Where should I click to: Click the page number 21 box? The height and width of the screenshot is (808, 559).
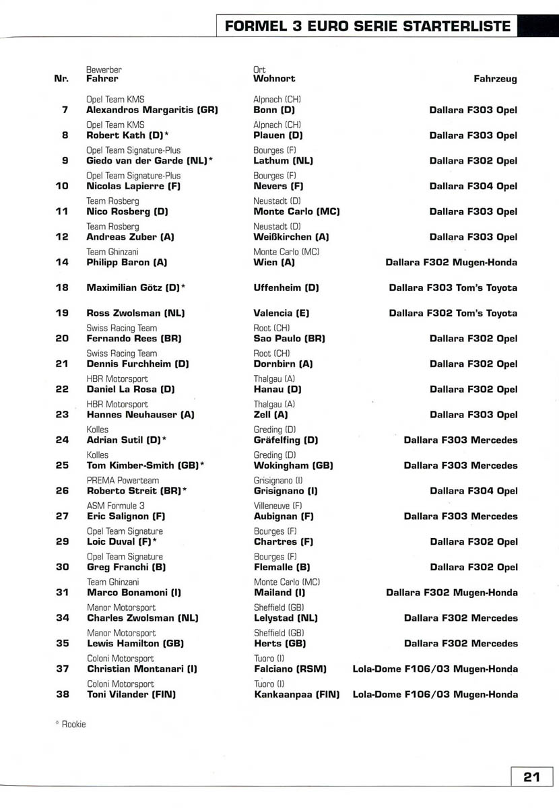(x=531, y=776)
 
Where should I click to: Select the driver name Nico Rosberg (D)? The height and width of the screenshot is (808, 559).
(x=127, y=211)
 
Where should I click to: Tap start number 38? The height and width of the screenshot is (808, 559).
(x=62, y=694)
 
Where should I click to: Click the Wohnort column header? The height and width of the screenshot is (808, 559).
(x=274, y=79)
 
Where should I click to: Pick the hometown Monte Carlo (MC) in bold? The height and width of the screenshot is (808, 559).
(x=296, y=211)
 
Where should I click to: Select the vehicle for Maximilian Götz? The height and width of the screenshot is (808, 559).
(x=453, y=288)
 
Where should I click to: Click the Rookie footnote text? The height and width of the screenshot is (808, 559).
(x=71, y=725)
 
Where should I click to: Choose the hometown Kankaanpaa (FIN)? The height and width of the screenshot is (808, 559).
(x=296, y=694)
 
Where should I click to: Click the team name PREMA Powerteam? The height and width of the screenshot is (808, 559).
(x=123, y=481)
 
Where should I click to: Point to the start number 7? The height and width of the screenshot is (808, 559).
(x=65, y=110)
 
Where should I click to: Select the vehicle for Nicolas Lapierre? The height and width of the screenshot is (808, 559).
(x=473, y=186)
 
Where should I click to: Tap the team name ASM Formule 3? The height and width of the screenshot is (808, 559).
(x=116, y=506)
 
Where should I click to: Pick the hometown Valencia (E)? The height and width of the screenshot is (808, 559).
(x=282, y=313)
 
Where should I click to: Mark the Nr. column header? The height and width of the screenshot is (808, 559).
(x=61, y=79)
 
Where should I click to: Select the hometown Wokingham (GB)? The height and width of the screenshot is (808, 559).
(x=293, y=465)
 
